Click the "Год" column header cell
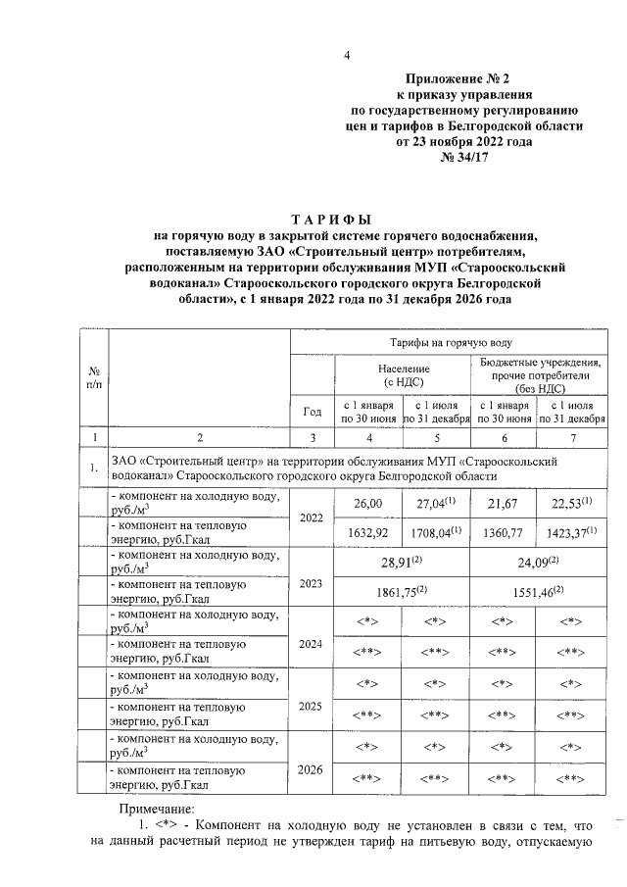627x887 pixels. [x=313, y=412]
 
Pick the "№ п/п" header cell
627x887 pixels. [x=94, y=377]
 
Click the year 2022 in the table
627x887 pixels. [x=313, y=517]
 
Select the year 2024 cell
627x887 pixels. [x=313, y=644]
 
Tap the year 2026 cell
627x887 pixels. [x=313, y=769]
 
